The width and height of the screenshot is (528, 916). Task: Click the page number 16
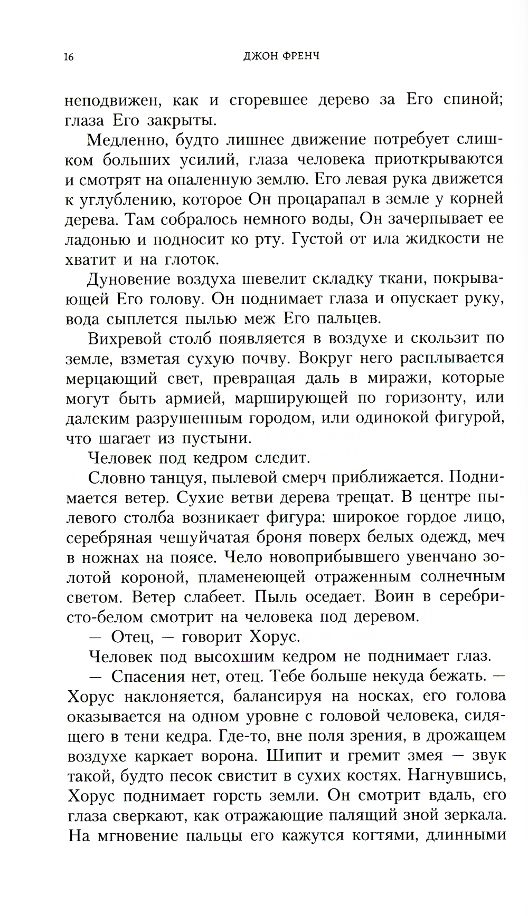[68, 57]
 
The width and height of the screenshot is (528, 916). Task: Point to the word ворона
[230, 756]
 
